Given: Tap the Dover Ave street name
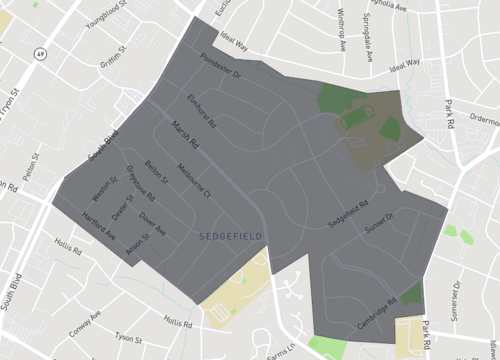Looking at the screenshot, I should point(152,222).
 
